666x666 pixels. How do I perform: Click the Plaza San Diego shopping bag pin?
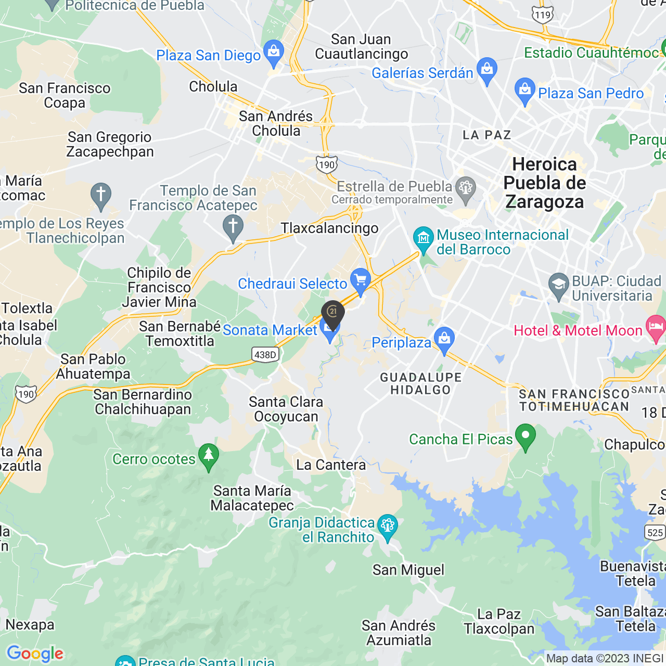click(x=273, y=53)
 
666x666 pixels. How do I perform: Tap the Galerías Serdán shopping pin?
click(x=486, y=70)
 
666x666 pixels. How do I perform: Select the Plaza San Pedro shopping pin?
click(x=524, y=91)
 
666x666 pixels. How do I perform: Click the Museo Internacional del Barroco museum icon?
click(x=424, y=239)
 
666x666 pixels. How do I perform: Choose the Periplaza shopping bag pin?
click(x=444, y=339)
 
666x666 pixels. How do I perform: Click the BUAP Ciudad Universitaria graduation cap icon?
click(x=558, y=286)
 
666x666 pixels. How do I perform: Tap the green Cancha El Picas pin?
click(x=525, y=437)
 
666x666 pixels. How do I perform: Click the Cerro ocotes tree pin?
click(x=209, y=456)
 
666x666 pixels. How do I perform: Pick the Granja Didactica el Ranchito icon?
click(x=387, y=527)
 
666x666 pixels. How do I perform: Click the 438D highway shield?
click(x=265, y=355)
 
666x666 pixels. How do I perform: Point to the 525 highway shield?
click(x=655, y=532)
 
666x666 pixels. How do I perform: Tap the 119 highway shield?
click(x=542, y=15)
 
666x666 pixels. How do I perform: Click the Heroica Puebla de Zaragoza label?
click(x=544, y=183)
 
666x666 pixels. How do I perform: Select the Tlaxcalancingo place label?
click(x=329, y=228)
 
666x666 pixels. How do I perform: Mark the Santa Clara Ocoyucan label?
click(x=286, y=409)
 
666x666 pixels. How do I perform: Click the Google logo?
click(x=35, y=654)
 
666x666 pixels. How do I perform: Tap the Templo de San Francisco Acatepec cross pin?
click(x=233, y=228)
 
